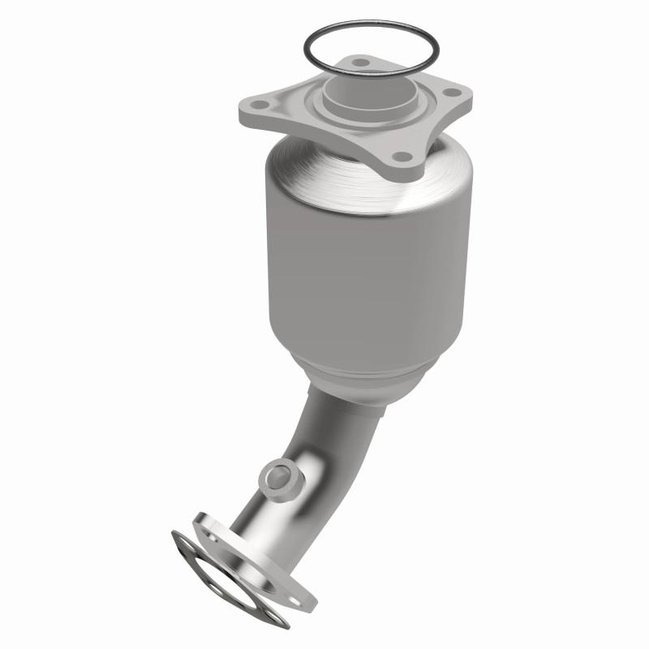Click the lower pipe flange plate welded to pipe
click(x=280, y=560)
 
